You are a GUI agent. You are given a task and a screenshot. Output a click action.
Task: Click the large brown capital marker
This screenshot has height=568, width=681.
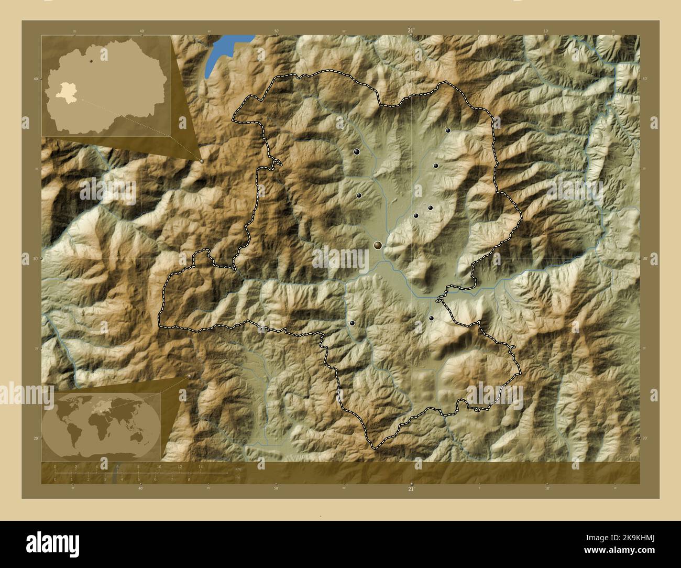coord(378,245)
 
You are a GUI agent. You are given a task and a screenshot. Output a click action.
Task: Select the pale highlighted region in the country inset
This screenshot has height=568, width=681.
coord(67,92)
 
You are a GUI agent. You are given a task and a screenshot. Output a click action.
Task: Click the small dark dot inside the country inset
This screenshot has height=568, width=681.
coord(91,61)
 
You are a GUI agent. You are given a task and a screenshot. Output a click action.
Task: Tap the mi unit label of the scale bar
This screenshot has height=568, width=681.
coord(237,478)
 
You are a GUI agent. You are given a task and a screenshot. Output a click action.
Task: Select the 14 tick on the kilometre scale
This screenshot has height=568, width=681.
coord(200,467)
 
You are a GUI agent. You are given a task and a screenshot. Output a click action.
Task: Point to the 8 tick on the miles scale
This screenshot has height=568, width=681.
coord(189,479)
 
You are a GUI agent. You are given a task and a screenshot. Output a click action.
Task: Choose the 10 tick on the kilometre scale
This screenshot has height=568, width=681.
coord(159,467)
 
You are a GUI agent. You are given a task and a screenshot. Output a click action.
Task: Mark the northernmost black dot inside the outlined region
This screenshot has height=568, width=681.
coord(448,130)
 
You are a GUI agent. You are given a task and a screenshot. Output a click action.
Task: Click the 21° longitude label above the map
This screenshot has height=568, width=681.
coord(411,31)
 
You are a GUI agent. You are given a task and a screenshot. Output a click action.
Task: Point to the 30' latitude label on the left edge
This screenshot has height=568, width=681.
coord(25,258)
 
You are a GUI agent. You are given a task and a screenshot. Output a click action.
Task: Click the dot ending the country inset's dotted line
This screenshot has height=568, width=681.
coord(202,161)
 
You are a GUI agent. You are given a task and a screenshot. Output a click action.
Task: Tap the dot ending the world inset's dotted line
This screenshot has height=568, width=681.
coord(189,377)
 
